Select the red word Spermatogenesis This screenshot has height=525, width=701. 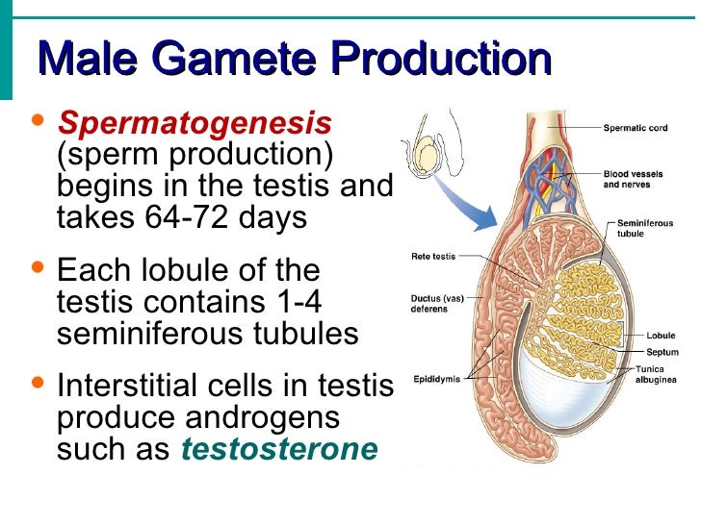pyautogui.click(x=195, y=122)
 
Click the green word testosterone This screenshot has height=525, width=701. pyautogui.click(x=279, y=449)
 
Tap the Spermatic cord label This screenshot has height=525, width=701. pyautogui.click(x=636, y=128)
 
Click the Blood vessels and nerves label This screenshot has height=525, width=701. pyautogui.click(x=631, y=180)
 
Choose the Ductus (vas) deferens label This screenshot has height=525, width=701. pyautogui.click(x=438, y=304)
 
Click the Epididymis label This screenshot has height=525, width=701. pyautogui.click(x=436, y=378)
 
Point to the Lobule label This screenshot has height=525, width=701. pyautogui.click(x=660, y=336)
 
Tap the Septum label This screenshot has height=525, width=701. pyautogui.click(x=662, y=352)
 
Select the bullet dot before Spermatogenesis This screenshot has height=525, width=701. pyautogui.click(x=39, y=121)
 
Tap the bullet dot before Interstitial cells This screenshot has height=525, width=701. pyautogui.click(x=39, y=386)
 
